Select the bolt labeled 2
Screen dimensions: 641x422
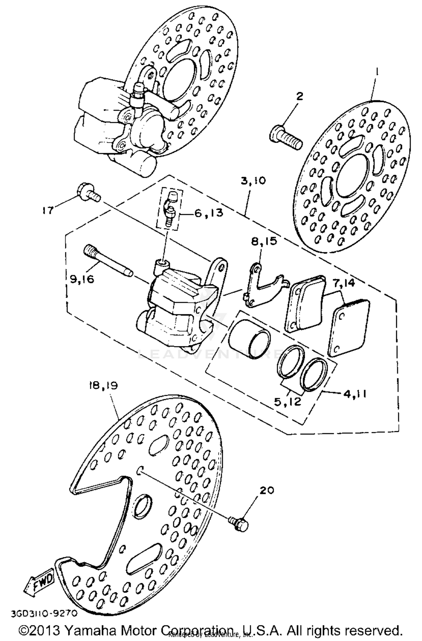pos(286,138)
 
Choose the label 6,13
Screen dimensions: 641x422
pos(208,213)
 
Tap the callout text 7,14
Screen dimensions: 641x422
pos(344,283)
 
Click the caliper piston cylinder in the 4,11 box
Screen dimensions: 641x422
pos(249,339)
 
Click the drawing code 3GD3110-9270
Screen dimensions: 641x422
pos(44,613)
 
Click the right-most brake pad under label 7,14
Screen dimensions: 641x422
pos(349,327)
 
